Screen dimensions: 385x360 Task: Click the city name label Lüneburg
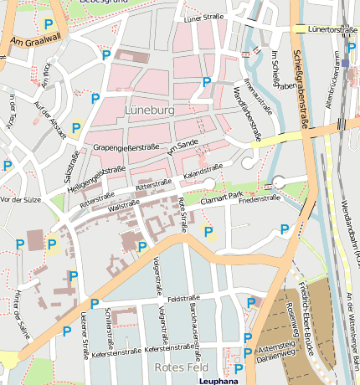[150, 110]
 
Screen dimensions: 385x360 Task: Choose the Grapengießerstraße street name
[126, 147]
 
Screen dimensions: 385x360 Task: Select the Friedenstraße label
[259, 199]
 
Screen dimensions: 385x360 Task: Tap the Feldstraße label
[182, 298]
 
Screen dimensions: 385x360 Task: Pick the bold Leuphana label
[219, 380]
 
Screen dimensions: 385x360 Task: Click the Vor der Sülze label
[22, 200]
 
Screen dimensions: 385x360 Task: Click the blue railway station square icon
[347, 63]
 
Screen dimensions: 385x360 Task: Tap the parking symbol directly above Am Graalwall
[49, 25]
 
